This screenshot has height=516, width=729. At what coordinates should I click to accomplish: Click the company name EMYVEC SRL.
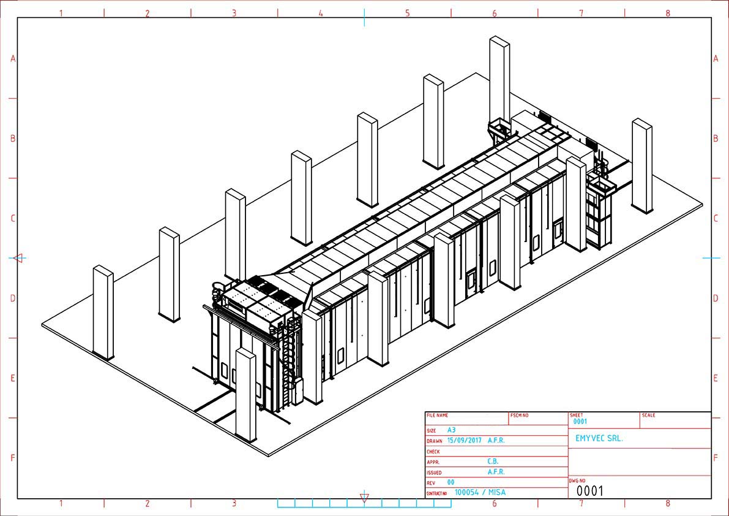point(599,438)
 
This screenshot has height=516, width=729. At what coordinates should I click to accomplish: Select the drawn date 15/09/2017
point(465,440)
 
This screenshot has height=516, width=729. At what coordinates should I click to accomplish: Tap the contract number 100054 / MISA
point(480,492)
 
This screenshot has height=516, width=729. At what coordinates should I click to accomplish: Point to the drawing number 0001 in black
point(590,491)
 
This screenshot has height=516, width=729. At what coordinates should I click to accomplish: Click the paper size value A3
point(452,430)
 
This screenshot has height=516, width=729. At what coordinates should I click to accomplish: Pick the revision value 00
point(450,482)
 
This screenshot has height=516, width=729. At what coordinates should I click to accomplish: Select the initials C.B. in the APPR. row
point(493,461)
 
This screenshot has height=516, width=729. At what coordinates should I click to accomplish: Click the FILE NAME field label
point(438,415)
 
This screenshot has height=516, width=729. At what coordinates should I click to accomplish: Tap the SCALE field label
point(649,415)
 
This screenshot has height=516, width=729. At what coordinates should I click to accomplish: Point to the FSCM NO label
point(519,415)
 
